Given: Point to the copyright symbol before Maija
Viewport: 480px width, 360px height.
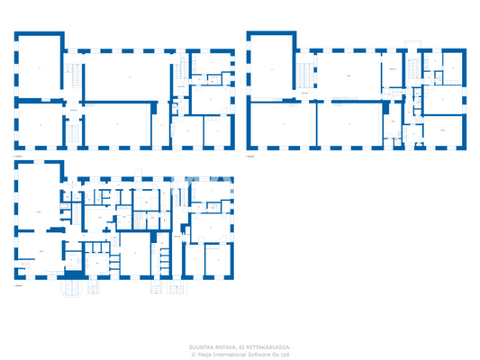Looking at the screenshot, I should pyautogui.click(x=193, y=355).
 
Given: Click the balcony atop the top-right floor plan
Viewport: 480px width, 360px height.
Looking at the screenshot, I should pyautogui.click(x=412, y=44).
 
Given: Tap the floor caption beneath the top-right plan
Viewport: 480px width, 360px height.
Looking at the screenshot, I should pyautogui.click(x=251, y=157).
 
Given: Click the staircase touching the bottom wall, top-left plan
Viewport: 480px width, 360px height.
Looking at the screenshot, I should pyautogui.click(x=65, y=135).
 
